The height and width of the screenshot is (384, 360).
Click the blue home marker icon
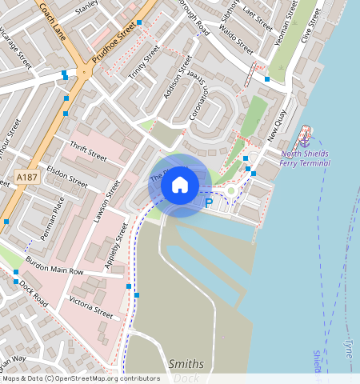pos(180,185)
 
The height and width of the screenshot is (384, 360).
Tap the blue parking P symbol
pos(209,203)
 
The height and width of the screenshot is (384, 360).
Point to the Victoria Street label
pos(90,306)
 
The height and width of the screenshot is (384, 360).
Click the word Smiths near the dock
pos(186,364)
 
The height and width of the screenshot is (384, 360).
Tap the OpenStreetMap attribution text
pos(80,378)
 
